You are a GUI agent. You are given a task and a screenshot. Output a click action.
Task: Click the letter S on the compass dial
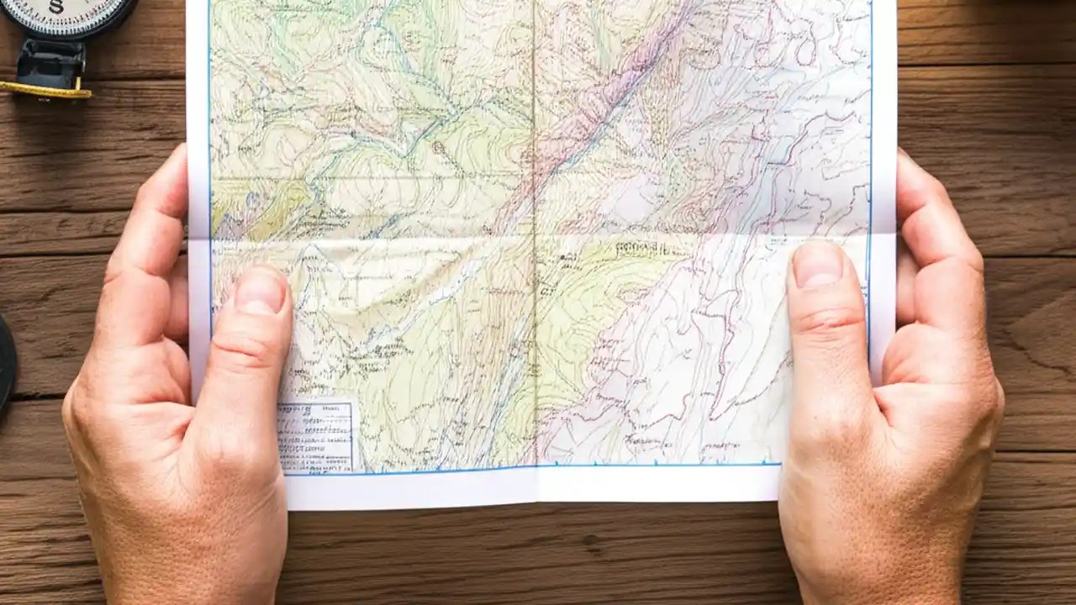[x=55, y=7]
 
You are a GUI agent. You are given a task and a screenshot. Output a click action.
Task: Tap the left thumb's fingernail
[x=261, y=290]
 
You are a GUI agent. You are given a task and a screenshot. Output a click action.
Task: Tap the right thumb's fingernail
[x=816, y=265]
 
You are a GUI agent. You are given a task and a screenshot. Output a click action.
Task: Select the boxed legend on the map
[x=316, y=435]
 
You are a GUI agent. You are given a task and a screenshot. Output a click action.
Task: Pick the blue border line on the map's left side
[x=209, y=126]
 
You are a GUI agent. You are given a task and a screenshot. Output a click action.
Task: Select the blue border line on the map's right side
[x=871, y=126]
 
